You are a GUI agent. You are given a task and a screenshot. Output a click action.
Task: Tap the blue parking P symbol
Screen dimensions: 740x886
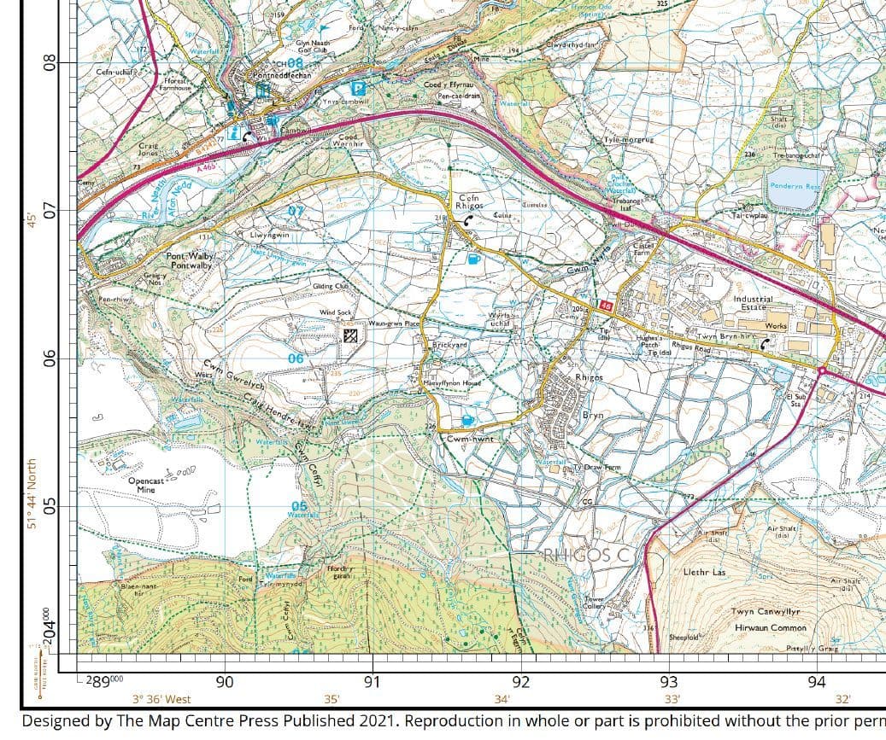coord(360,87)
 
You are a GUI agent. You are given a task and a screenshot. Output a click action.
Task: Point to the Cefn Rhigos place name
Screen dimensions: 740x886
coord(469,201)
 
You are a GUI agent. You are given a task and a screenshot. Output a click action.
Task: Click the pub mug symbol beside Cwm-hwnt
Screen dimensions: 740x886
coord(467,420)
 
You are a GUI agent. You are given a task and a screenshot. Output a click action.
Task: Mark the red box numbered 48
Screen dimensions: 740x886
coord(606,305)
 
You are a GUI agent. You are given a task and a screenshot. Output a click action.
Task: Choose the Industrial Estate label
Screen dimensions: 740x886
coord(753,303)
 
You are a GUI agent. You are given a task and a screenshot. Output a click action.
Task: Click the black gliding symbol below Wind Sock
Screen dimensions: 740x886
coord(349,335)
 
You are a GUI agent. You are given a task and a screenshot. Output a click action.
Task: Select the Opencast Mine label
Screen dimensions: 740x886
coord(146,486)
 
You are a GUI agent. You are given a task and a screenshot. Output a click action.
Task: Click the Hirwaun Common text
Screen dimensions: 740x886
coord(770,627)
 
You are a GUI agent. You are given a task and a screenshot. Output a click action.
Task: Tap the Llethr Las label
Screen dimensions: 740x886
coord(704,572)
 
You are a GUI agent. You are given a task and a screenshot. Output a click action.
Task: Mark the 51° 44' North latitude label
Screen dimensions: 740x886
coord(32,495)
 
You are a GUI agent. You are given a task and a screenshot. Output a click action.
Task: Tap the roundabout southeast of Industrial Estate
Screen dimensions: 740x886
coord(821,370)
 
